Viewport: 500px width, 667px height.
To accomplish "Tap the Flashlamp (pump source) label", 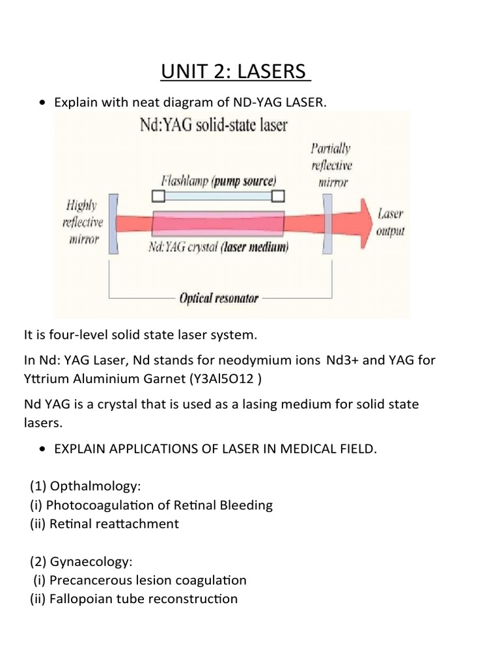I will (x=218, y=180).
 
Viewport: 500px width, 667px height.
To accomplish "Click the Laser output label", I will (x=390, y=221).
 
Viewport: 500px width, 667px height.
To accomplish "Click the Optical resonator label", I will (x=219, y=298).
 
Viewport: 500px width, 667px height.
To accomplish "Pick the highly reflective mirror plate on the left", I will (x=113, y=222).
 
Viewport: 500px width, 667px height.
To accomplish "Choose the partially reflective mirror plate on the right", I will (x=328, y=221).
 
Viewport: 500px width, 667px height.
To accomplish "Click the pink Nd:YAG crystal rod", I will (x=217, y=222).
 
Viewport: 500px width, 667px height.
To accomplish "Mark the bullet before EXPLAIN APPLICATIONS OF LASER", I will (x=43, y=449).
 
